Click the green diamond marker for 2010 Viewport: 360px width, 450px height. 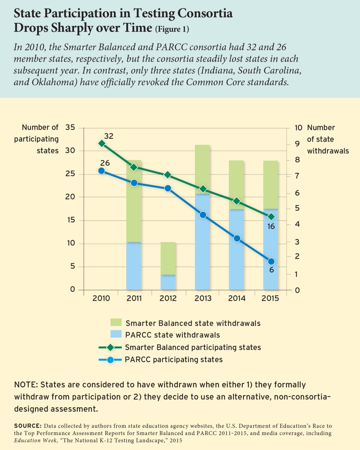(102, 144)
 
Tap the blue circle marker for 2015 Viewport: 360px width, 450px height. (271, 261)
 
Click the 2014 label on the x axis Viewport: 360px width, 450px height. (237, 298)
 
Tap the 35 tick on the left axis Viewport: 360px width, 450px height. (70, 127)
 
